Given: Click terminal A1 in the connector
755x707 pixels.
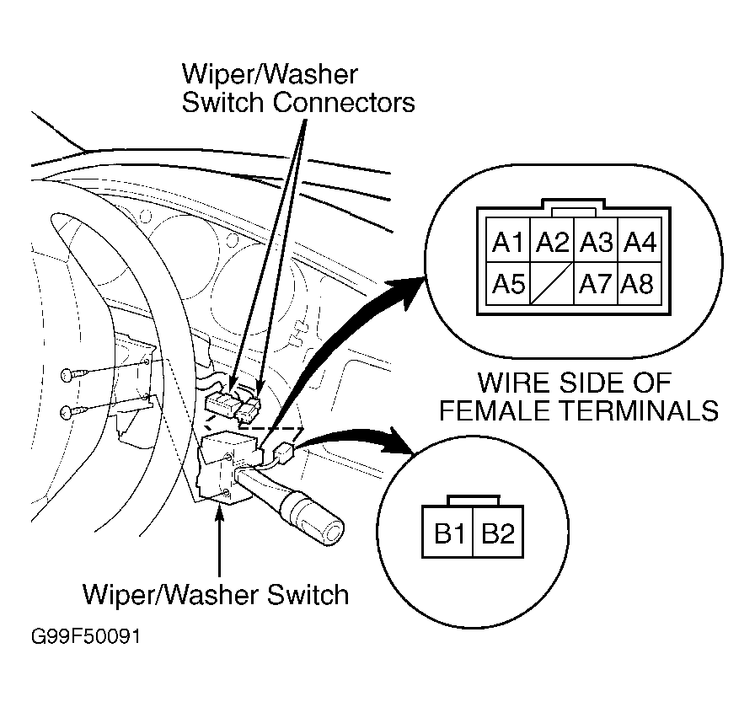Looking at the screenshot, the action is pos(508,240).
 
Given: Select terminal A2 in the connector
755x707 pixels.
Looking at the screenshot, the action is pos(552,240).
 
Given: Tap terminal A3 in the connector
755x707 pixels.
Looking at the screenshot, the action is pos(596,240).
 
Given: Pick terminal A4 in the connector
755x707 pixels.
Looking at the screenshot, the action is pos(640,240).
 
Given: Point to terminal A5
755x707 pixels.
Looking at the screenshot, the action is pos(508,283).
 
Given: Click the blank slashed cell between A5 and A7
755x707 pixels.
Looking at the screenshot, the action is pos(552,283).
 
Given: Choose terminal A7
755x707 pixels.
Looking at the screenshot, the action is pos(596,283).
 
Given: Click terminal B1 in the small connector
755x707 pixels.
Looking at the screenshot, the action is pos(448,533).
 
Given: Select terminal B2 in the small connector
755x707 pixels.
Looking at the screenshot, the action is pos(498,533).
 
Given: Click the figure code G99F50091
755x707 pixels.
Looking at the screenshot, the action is pos(86,636).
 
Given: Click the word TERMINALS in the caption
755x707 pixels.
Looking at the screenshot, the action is pos(640,411).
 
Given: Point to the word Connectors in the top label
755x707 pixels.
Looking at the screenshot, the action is pos(344,103).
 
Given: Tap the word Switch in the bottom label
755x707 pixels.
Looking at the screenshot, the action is pos(308,595).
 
